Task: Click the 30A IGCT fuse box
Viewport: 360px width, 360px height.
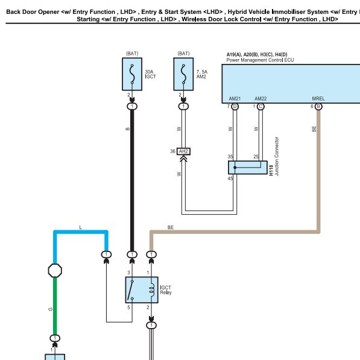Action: pyautogui.click(x=132, y=74)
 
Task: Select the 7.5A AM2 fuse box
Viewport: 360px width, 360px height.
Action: pyautogui.click(x=183, y=74)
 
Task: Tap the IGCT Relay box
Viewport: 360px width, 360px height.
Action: pyautogui.click(x=142, y=289)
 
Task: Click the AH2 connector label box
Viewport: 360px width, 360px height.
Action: pyautogui.click(x=183, y=151)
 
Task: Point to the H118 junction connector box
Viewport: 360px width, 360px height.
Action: pyautogui.click(x=248, y=168)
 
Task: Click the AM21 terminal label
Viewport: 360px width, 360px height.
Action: pyautogui.click(x=235, y=99)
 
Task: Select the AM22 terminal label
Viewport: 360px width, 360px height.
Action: pyautogui.click(x=261, y=99)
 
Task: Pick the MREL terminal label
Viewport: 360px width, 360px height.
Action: pyautogui.click(x=318, y=99)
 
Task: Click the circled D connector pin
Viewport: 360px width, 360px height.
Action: pyautogui.click(x=235, y=107)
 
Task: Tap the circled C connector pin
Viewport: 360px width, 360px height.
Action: pyautogui.click(x=261, y=107)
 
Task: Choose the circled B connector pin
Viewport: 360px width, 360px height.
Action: pyautogui.click(x=318, y=107)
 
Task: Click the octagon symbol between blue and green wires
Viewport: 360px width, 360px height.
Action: pyautogui.click(x=55, y=271)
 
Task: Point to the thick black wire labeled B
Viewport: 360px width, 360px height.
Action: pyautogui.click(x=132, y=180)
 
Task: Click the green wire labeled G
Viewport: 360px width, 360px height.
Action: pyautogui.click(x=55, y=306)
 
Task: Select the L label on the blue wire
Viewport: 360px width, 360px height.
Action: pyautogui.click(x=80, y=227)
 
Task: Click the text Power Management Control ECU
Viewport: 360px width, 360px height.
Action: pyautogui.click(x=260, y=60)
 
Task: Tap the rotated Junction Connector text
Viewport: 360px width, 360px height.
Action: pyautogui.click(x=277, y=156)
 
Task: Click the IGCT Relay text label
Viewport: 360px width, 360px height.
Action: pyautogui.click(x=166, y=290)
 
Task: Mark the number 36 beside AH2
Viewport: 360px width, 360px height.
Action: pyautogui.click(x=172, y=151)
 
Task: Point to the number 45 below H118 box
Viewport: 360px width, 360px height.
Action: pyautogui.click(x=230, y=178)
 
